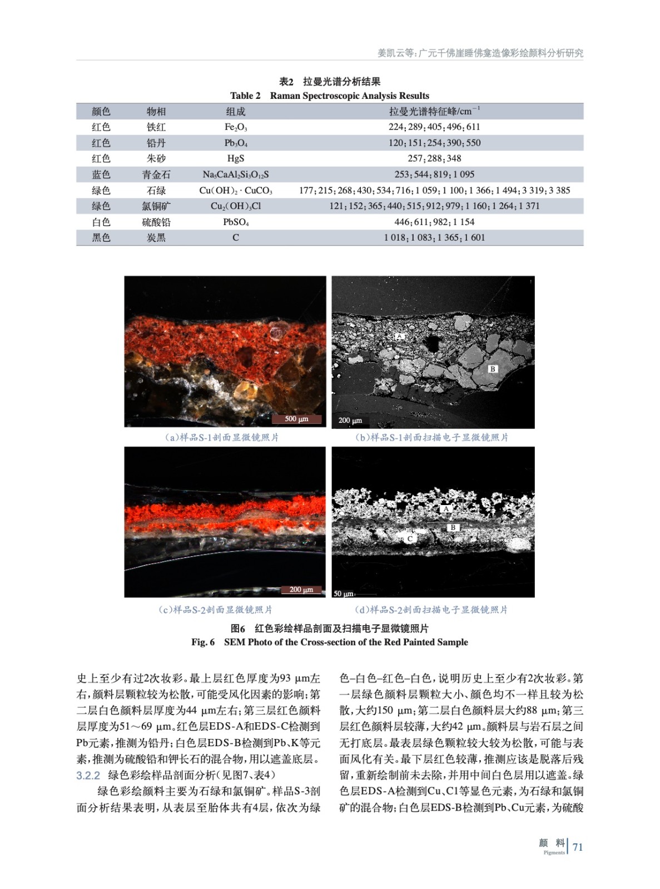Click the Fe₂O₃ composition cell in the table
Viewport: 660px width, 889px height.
tap(235, 127)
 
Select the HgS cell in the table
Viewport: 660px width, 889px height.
tap(235, 158)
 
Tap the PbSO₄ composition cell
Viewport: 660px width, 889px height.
tap(235, 222)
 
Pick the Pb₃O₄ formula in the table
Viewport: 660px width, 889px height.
tap(235, 143)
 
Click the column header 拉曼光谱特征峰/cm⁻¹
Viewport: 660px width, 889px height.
tap(434, 111)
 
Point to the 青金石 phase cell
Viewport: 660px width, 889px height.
tap(156, 174)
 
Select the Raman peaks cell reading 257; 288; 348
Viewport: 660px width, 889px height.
tap(434, 158)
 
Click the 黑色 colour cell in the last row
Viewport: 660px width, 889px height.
tap(101, 238)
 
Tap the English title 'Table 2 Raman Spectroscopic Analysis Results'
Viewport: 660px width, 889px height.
tap(330, 96)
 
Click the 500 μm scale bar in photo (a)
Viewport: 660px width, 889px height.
tap(296, 419)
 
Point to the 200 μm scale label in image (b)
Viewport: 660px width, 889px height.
tap(350, 421)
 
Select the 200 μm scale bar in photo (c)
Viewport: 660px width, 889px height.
tap(301, 590)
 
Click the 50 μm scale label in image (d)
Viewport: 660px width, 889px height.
tap(343, 593)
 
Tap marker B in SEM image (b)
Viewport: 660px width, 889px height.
tap(492, 369)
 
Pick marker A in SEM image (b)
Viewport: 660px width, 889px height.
tap(399, 337)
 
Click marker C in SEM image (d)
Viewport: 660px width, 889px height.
tap(410, 538)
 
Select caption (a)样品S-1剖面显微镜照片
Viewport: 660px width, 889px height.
tap(222, 437)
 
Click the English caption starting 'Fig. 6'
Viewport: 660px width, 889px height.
tap(330, 642)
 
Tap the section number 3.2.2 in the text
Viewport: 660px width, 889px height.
tap(88, 775)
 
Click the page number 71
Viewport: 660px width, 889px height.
tap(578, 847)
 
